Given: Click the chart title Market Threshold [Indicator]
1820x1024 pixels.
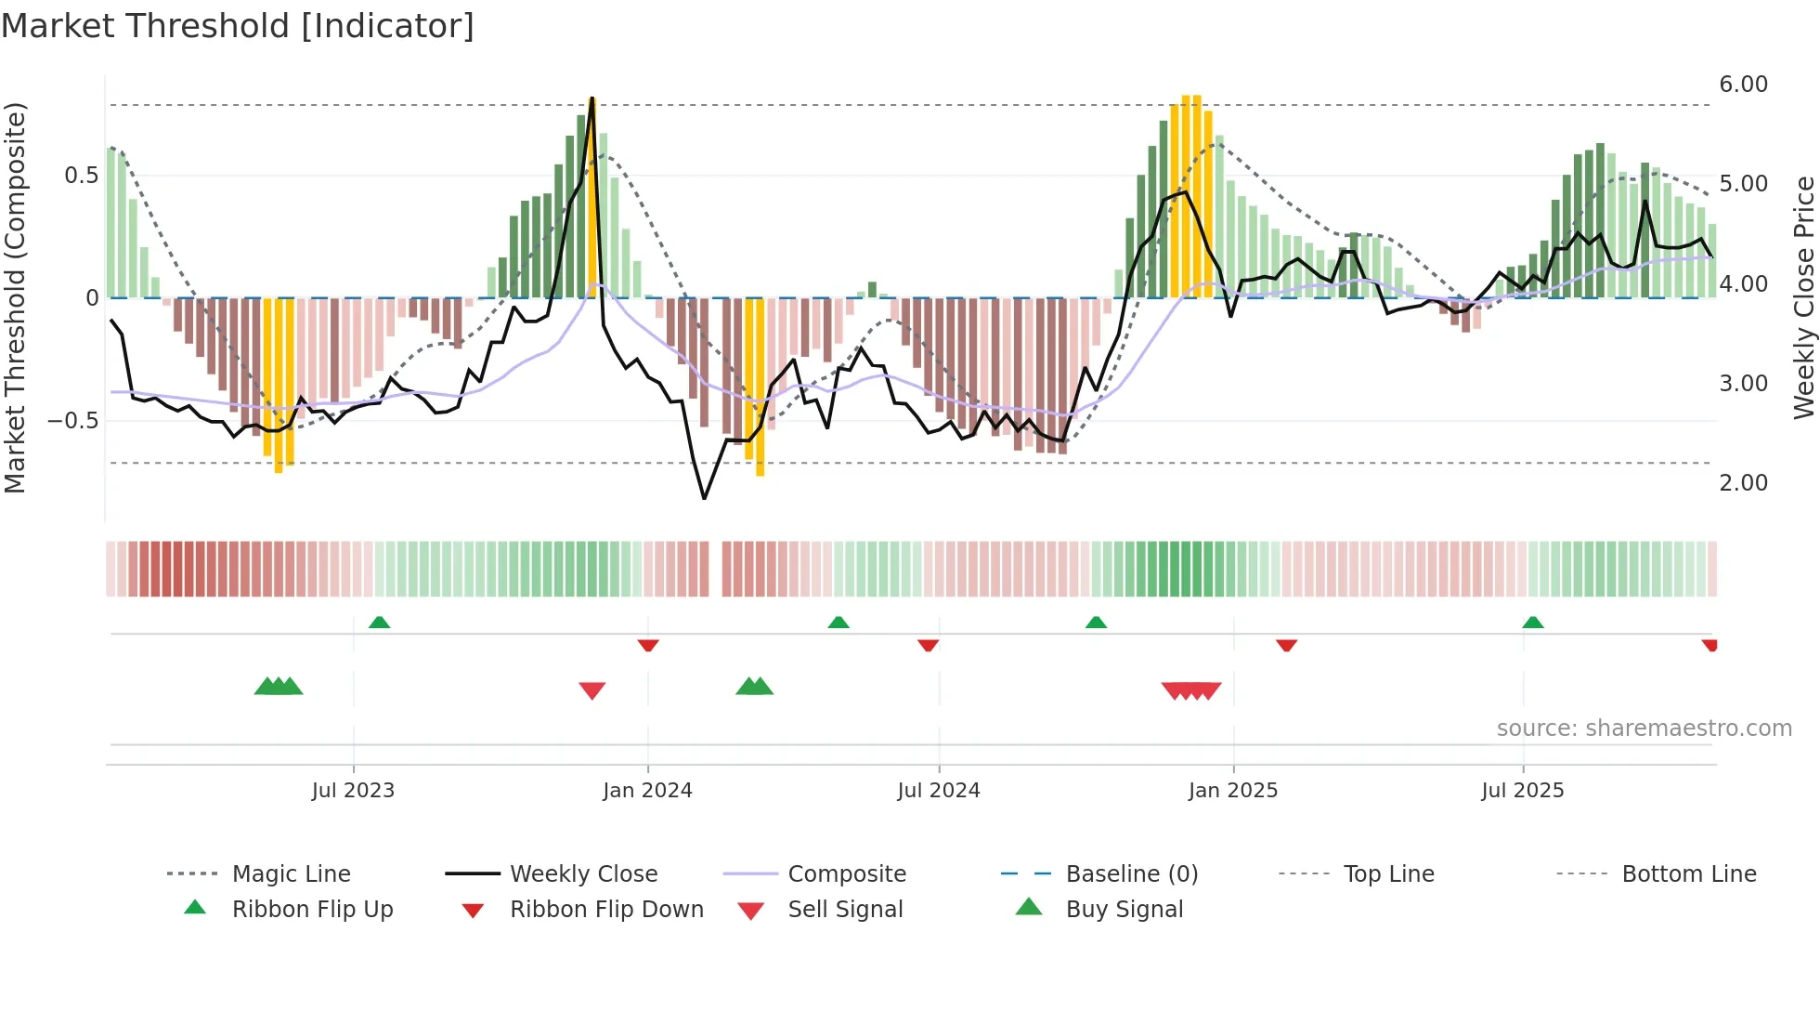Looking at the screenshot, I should tap(238, 26).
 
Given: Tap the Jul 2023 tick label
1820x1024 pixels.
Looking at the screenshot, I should tap(353, 791).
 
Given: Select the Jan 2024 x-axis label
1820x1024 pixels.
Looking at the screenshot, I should tap(647, 791).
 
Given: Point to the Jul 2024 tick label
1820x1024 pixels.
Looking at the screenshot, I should tap(938, 791).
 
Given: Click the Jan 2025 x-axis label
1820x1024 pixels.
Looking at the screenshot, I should tap(1232, 791).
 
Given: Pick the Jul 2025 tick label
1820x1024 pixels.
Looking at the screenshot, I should tap(1522, 791).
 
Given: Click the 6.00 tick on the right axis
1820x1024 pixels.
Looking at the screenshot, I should tap(1743, 85).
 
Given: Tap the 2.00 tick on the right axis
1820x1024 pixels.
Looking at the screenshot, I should tap(1743, 483).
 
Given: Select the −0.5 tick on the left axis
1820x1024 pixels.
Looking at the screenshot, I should tap(73, 421).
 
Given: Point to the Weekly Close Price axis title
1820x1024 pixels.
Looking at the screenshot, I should tap(1803, 297).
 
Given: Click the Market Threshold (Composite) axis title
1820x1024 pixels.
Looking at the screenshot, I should tap(15, 297).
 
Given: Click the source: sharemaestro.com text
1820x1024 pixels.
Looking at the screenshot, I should tap(1644, 729).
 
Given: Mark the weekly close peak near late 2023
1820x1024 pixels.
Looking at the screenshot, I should tap(591, 98).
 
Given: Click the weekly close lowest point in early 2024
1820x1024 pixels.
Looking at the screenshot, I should tap(704, 498).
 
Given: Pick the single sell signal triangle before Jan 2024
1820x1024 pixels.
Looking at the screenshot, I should tap(591, 690).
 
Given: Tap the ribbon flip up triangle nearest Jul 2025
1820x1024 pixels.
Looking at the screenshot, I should tap(1532, 622).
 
